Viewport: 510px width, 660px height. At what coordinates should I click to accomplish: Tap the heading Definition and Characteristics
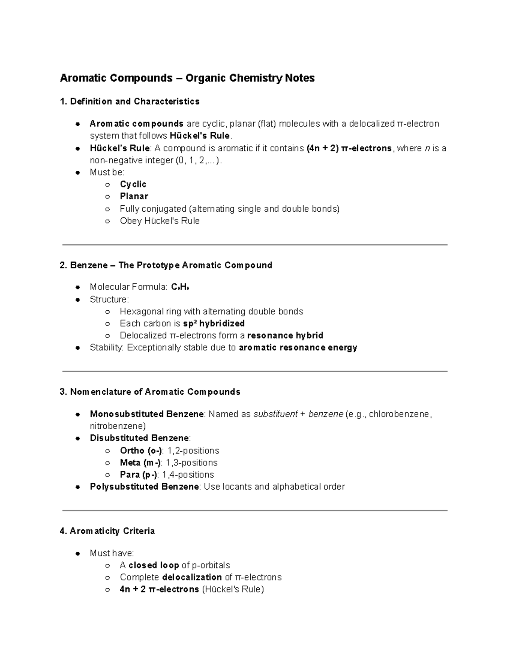pyautogui.click(x=134, y=102)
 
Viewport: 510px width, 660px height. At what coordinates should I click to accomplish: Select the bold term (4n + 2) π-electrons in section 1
pyautogui.click(x=349, y=148)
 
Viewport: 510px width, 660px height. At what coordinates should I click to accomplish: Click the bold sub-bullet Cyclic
pyautogui.click(x=133, y=184)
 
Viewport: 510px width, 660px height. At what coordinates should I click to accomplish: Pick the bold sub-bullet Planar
pyautogui.click(x=134, y=196)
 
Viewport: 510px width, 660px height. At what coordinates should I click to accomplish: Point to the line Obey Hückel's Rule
pyautogui.click(x=159, y=221)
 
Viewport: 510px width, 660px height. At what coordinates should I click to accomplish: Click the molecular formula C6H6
pyautogui.click(x=180, y=287)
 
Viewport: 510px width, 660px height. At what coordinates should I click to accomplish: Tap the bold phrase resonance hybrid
pyautogui.click(x=285, y=335)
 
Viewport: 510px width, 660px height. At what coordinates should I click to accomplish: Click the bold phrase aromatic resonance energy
pyautogui.click(x=298, y=348)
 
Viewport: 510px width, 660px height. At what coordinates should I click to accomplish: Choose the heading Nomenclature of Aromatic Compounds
pyautogui.click(x=155, y=392)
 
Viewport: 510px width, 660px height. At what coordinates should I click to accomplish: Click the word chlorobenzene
pyautogui.click(x=399, y=414)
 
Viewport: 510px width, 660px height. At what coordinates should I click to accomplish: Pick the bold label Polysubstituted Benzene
pyautogui.click(x=144, y=487)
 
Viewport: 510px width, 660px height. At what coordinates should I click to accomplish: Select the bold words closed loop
pyautogui.click(x=153, y=565)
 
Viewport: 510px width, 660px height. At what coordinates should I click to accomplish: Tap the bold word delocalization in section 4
pyautogui.click(x=192, y=577)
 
